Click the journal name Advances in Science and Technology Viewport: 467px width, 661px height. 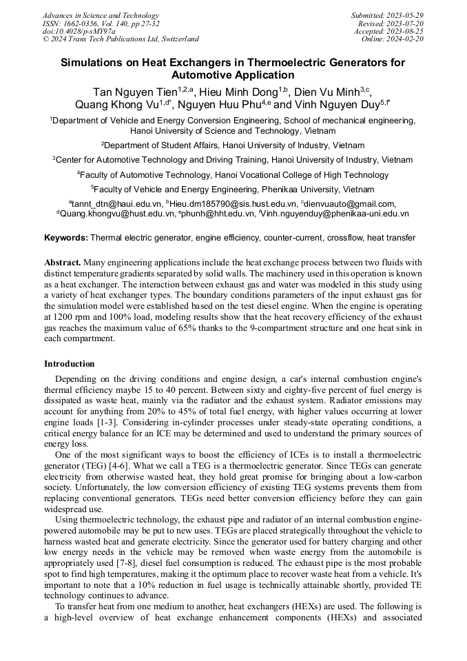click(x=101, y=15)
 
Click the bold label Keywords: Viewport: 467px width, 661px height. click(x=66, y=238)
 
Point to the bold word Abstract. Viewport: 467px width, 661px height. click(x=63, y=262)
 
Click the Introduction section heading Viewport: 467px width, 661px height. click(x=70, y=364)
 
